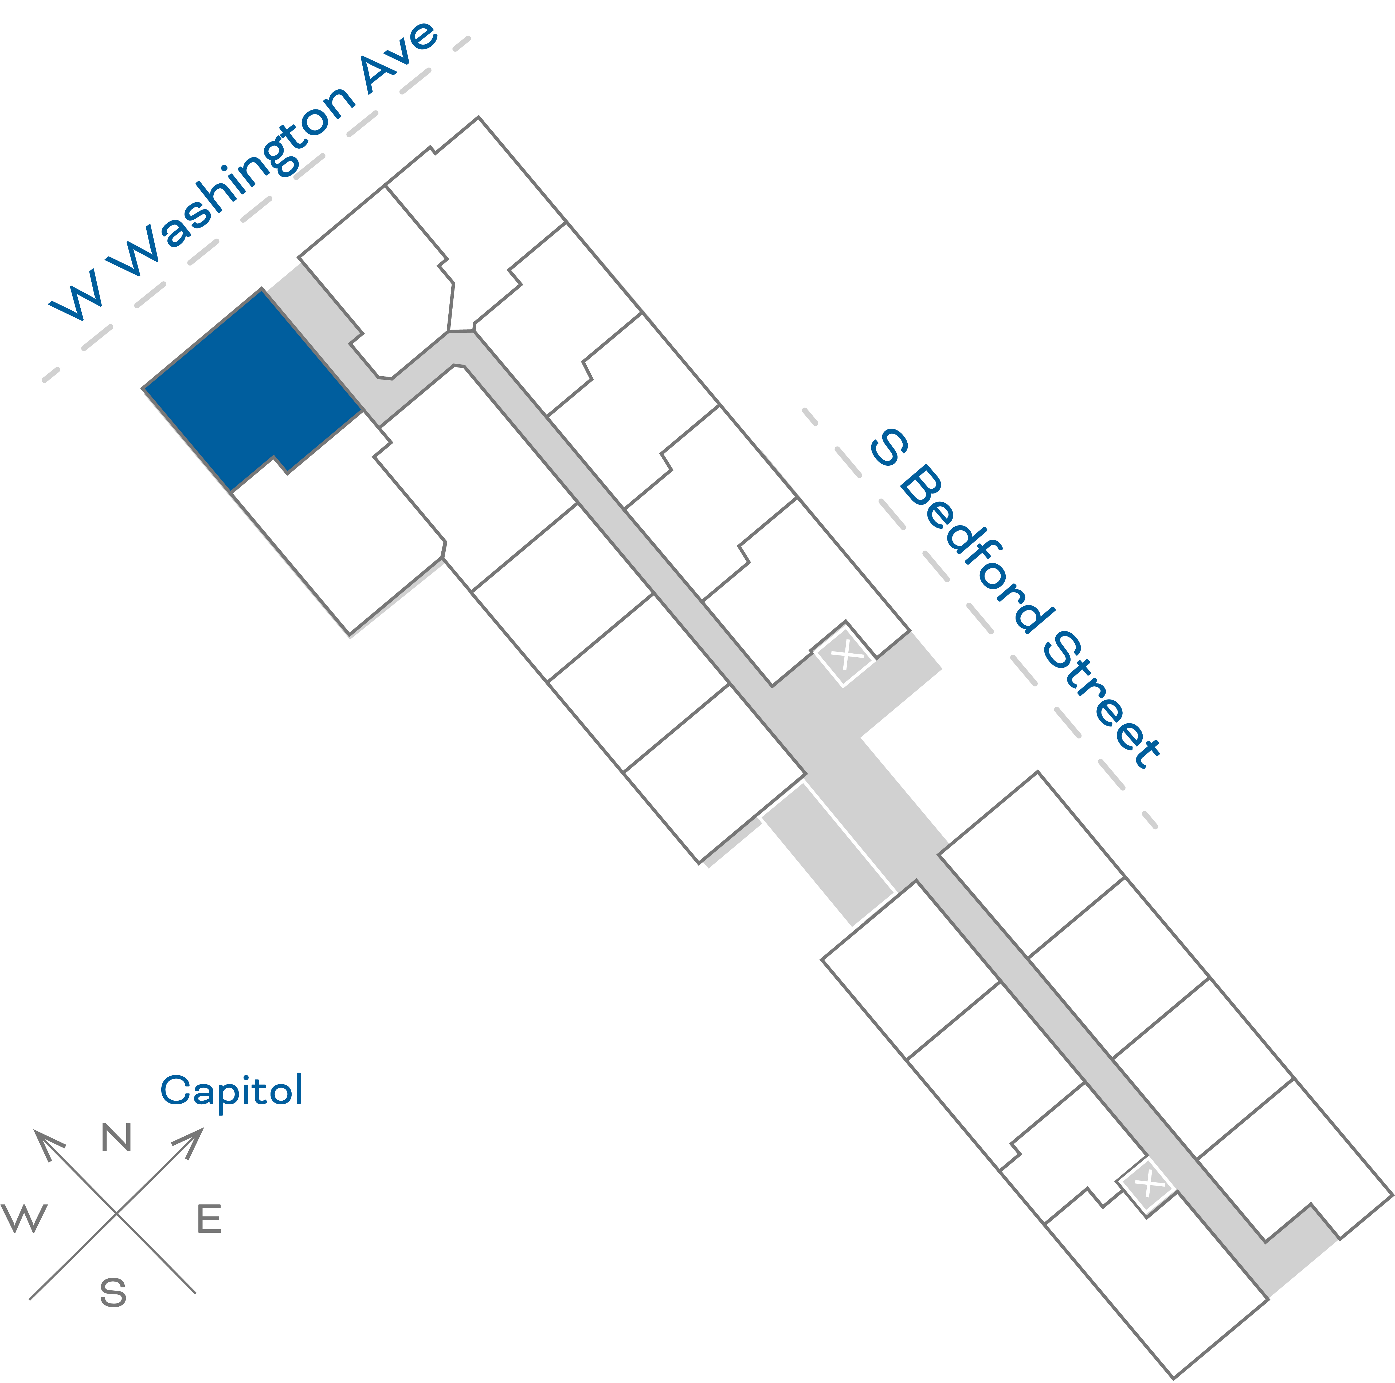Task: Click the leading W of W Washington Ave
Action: point(76,296)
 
